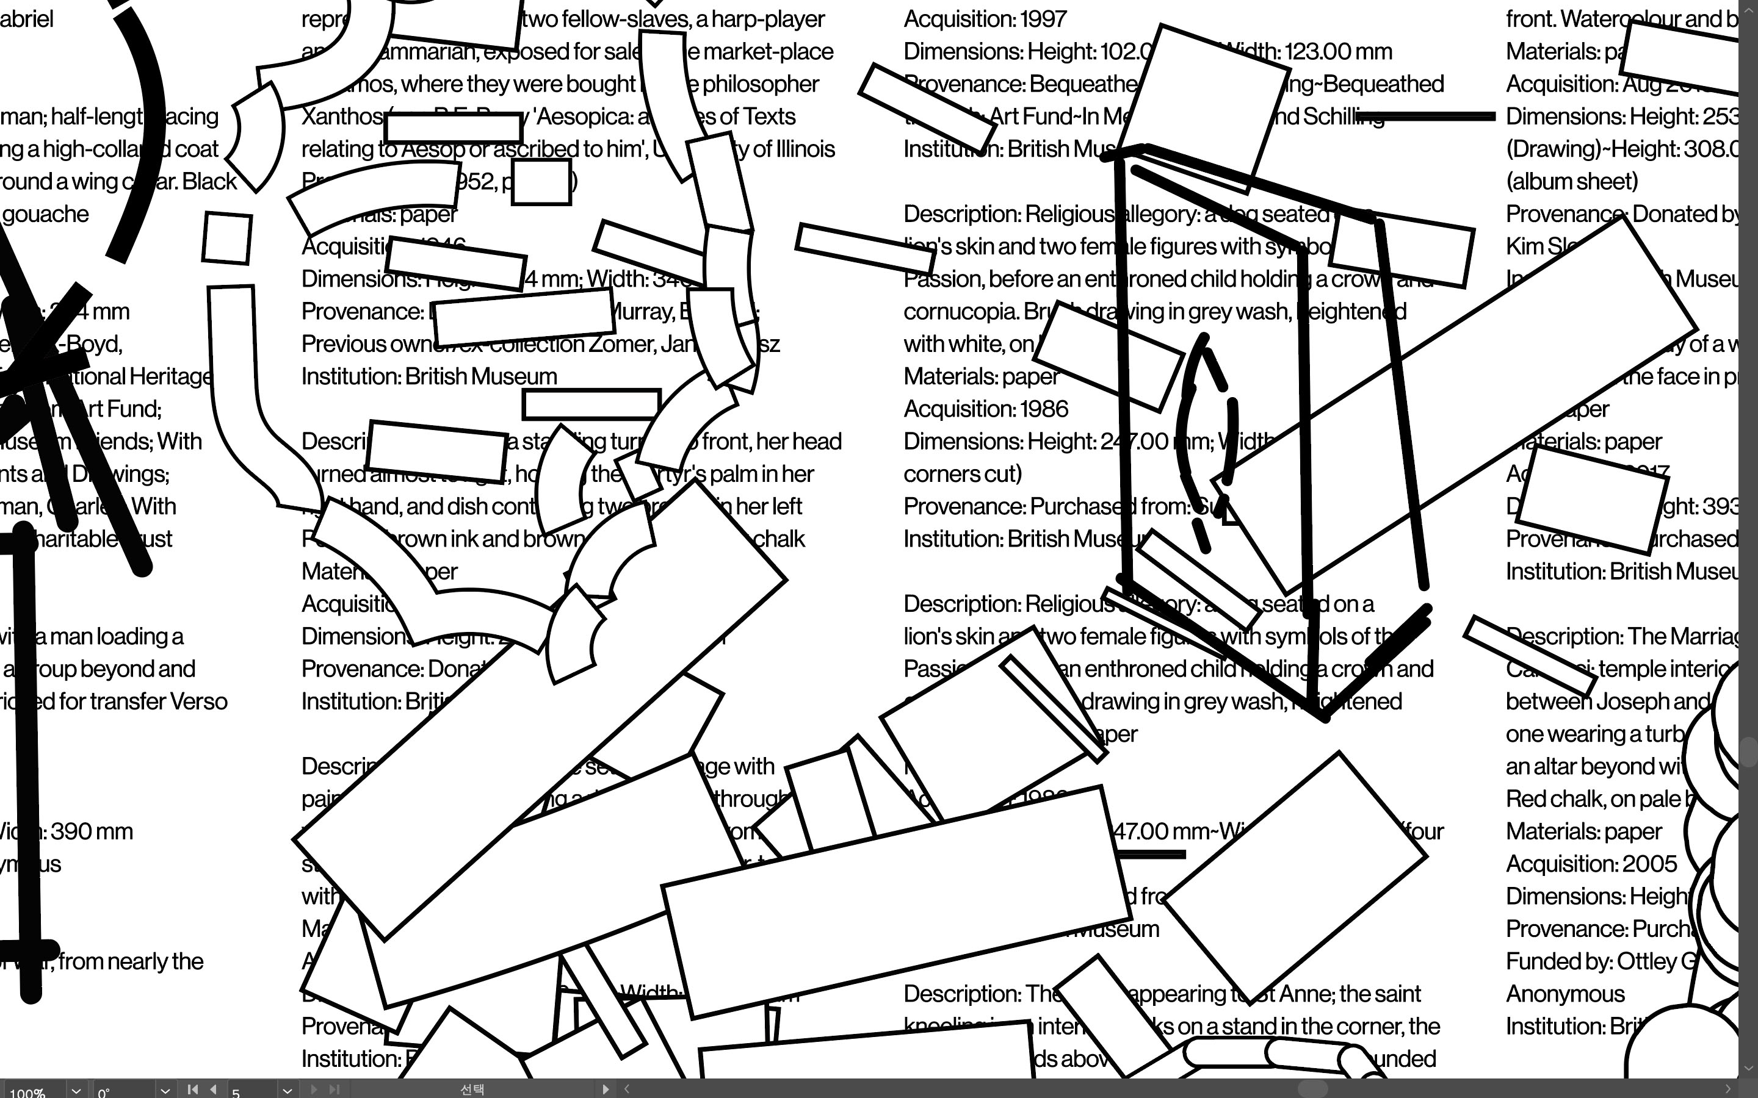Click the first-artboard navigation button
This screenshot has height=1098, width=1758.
(192, 1089)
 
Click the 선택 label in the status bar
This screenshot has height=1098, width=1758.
(472, 1089)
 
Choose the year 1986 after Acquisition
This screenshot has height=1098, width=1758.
(1043, 409)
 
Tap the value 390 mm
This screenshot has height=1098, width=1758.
(92, 831)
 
